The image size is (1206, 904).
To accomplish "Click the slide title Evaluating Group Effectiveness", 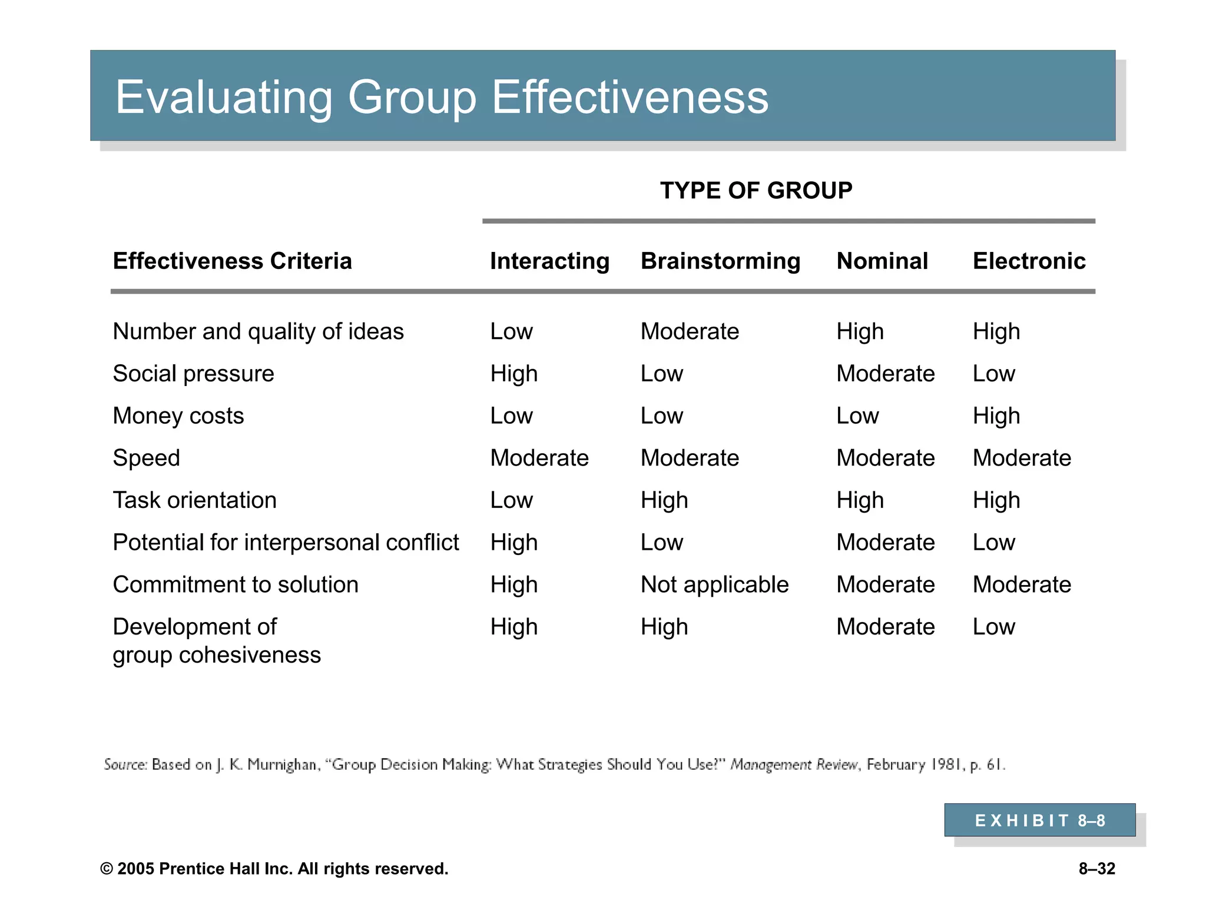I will click(x=442, y=97).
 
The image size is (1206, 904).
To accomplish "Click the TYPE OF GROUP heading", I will click(x=756, y=191).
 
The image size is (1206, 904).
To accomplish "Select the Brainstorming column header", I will click(x=720, y=261).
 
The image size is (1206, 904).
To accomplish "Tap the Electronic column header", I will click(x=1029, y=261).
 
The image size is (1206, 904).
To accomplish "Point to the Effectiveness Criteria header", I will click(x=232, y=261).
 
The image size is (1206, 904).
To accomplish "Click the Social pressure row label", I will click(x=193, y=374).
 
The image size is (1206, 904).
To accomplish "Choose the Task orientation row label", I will click(x=194, y=500).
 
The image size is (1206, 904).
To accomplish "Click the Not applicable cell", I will click(x=714, y=585).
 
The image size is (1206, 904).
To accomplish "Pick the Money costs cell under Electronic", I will click(x=996, y=416).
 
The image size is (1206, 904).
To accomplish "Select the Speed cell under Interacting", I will click(x=539, y=458).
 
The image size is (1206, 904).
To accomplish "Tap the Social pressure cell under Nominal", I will click(x=885, y=374).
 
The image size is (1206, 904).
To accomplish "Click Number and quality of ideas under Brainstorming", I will click(x=689, y=332).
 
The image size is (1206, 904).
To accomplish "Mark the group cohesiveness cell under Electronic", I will click(x=993, y=627).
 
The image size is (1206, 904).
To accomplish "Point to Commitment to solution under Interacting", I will click(x=513, y=585).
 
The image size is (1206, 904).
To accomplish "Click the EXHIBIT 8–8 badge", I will click(x=1039, y=820).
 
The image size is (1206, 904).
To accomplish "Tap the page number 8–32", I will click(x=1096, y=869).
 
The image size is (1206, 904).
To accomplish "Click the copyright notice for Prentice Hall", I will click(x=274, y=869).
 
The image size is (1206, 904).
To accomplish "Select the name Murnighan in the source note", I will click(x=283, y=765).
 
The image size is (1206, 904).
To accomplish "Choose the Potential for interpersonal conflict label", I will click(x=286, y=543).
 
